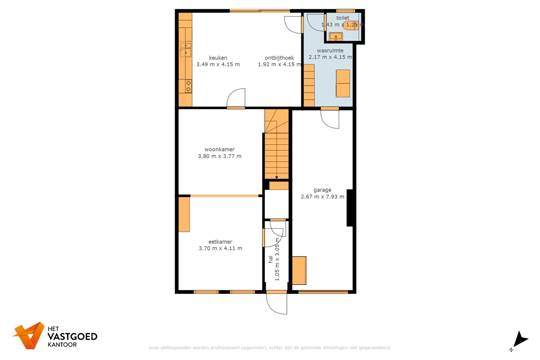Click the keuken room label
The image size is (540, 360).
[x=218, y=58]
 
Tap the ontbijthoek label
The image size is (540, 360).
[x=279, y=58]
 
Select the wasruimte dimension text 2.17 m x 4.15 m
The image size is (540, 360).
[x=330, y=57]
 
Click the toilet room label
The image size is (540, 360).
[x=342, y=18]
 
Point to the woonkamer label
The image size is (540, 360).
[x=220, y=149]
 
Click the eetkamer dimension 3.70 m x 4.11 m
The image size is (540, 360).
[x=220, y=248]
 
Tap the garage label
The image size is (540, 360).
[x=322, y=190]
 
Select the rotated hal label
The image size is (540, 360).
[x=271, y=260]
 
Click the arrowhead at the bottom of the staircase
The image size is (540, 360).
[x=276, y=177]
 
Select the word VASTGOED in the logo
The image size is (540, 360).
[x=72, y=337]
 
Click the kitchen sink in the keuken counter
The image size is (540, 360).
[x=186, y=49]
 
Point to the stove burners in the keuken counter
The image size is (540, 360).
[x=188, y=86]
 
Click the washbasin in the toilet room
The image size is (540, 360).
[x=336, y=36]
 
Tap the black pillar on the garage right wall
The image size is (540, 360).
[x=350, y=208]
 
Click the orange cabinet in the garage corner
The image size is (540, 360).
[x=299, y=270]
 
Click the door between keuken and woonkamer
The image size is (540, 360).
[x=236, y=99]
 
